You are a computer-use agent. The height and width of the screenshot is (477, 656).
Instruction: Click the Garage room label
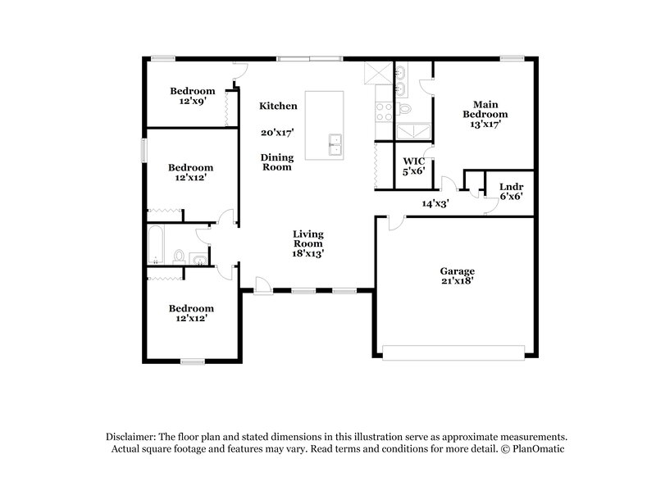coord(458,270)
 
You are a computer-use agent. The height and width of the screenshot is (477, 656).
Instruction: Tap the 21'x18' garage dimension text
coord(458,280)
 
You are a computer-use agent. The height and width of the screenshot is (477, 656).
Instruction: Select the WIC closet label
coord(412,161)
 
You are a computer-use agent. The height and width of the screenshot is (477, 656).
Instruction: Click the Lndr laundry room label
coord(511,186)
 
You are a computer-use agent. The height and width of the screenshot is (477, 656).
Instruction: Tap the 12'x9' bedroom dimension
coord(193,101)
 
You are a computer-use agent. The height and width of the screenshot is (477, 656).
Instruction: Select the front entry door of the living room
coord(262,284)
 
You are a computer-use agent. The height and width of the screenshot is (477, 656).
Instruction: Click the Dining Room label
coord(276,161)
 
